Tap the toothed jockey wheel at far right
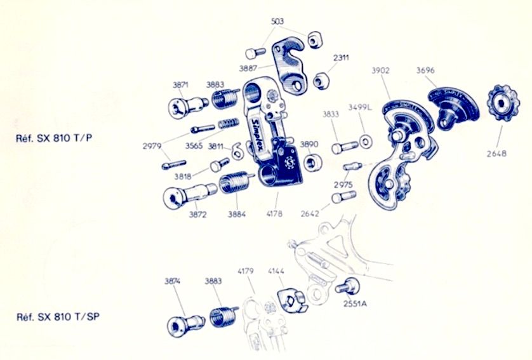coord(500,102)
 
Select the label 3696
coord(425,71)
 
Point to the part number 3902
coord(380,71)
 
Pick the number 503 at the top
coord(277,21)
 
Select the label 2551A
coord(354,303)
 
